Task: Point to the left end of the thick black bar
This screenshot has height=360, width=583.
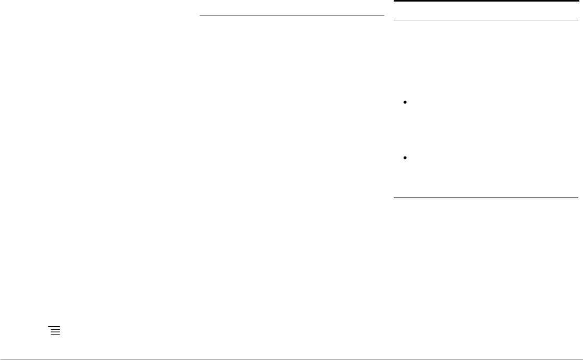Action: click(x=394, y=1)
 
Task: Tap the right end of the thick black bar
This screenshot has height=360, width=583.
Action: click(x=578, y=1)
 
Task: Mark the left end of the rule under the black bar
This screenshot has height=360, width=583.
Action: click(x=394, y=20)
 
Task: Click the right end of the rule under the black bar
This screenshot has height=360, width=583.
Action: click(x=578, y=20)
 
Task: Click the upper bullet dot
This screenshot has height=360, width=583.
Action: click(x=405, y=103)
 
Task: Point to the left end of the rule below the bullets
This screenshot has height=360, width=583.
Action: click(x=394, y=198)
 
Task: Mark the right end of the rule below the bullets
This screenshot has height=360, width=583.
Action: click(x=578, y=198)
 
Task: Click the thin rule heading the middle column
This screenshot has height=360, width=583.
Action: click(x=292, y=16)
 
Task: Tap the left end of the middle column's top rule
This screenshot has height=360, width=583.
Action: click(x=200, y=16)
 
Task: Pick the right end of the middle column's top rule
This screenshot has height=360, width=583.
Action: click(x=384, y=16)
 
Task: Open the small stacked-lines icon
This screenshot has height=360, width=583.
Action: click(x=55, y=330)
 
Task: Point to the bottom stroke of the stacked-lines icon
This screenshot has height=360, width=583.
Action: click(x=56, y=334)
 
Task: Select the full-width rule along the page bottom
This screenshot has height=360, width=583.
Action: click(x=291, y=359)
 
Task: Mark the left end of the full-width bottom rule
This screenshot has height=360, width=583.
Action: click(x=1, y=359)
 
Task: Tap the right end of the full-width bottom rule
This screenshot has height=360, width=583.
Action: click(x=582, y=359)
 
